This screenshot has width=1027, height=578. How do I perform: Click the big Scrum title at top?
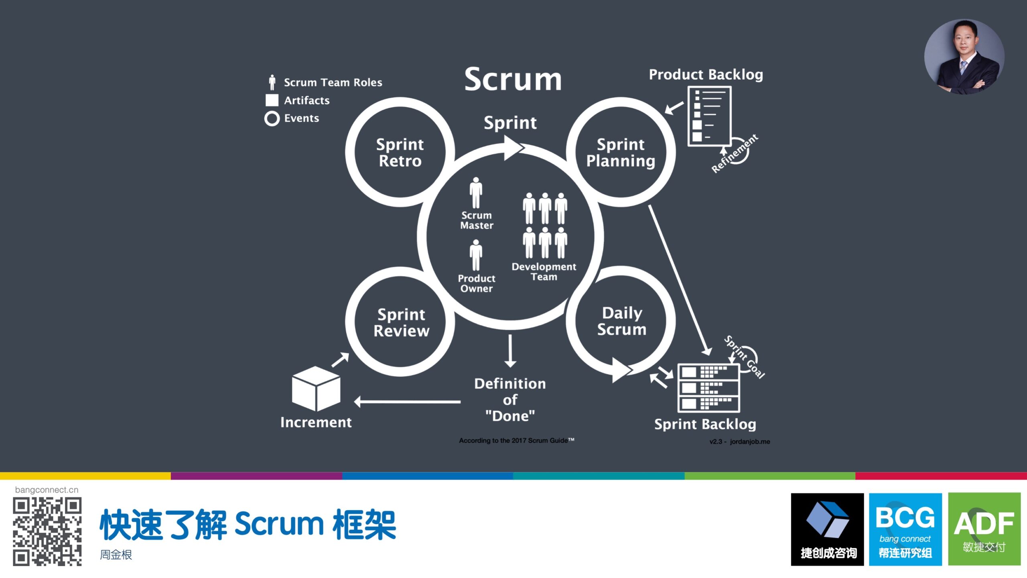513,79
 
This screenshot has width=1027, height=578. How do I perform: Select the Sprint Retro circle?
400,152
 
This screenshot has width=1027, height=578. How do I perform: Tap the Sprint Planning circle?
621,152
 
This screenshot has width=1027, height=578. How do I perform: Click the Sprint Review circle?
401,322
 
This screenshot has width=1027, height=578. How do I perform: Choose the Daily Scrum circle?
621,321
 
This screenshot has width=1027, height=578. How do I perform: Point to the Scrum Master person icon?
476,193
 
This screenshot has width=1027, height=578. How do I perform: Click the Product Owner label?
476,283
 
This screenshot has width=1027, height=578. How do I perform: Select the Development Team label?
544,272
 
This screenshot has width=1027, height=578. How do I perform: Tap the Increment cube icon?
316,388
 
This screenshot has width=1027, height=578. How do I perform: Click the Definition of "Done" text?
510,400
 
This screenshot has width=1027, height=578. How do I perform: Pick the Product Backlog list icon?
709,116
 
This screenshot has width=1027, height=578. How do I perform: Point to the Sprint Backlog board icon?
708,388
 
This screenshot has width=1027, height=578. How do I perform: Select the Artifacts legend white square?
272,100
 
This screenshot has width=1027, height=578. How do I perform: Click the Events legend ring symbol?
272,118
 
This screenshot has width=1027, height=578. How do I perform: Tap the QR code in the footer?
47,531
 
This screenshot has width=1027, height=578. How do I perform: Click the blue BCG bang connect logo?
905,529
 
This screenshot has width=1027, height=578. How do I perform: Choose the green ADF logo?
984,529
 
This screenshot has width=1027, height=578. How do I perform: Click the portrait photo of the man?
964,57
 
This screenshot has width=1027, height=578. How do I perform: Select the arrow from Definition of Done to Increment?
407,401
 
